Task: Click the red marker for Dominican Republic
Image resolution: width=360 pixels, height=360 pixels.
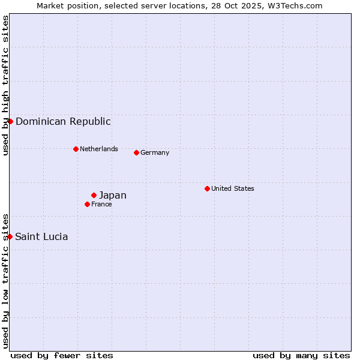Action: pos(10,121)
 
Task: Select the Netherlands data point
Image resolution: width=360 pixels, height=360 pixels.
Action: pos(76,149)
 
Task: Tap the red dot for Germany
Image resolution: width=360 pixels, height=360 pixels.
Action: pos(136,152)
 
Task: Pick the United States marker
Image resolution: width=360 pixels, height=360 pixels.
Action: pos(207,188)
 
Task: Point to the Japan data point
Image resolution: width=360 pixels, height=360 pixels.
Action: pos(94,195)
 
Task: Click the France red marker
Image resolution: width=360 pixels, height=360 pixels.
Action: pos(87,204)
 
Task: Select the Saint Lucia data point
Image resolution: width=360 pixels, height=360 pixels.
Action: pos(10,236)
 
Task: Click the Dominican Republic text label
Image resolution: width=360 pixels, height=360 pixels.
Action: pos(63,121)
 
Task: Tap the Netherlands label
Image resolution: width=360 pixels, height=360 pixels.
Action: pos(99,149)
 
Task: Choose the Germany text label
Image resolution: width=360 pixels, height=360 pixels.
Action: pos(155,152)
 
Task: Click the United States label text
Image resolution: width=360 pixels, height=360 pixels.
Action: pos(233,188)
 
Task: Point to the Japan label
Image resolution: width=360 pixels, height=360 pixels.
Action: pos(113,195)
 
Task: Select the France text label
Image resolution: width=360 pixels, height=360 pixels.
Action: pos(101,204)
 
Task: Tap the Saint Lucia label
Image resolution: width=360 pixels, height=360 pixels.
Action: pos(41,236)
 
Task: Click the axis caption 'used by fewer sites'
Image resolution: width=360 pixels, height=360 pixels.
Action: pos(62,355)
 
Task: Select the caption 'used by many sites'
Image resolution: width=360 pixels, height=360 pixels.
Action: pos(301,355)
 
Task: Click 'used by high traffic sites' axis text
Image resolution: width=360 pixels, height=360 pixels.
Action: pos(6,85)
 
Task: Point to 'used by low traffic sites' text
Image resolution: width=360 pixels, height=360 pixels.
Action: pos(6,281)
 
